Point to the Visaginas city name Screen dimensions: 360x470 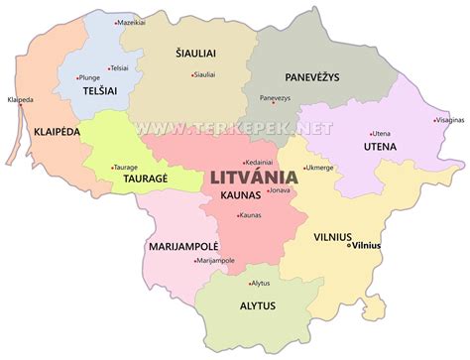(x=448, y=121)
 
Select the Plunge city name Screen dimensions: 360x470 (x=89, y=75)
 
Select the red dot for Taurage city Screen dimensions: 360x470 (x=110, y=168)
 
